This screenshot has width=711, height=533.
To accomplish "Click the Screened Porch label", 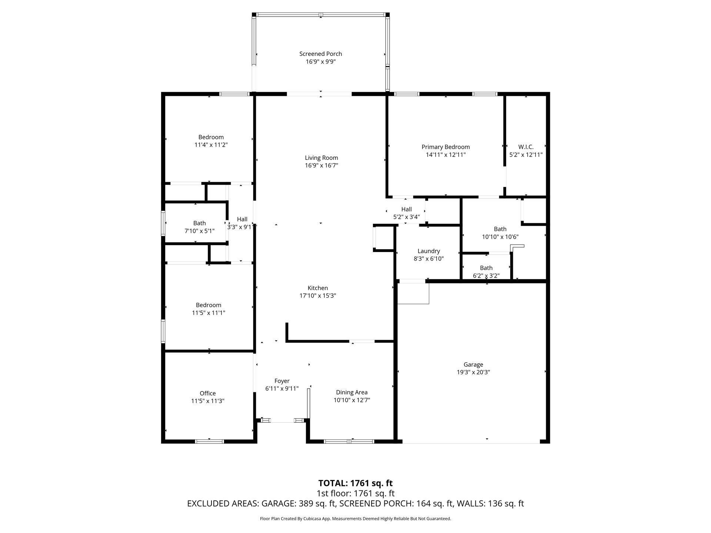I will (x=320, y=54).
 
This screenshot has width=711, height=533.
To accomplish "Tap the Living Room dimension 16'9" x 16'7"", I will (x=321, y=165).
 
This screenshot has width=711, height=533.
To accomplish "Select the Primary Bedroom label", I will (x=445, y=147).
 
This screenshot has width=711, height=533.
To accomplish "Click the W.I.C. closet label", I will (x=526, y=147).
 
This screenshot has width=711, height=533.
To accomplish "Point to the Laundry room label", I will (x=428, y=251).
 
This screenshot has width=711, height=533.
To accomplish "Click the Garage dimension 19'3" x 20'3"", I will (x=473, y=372).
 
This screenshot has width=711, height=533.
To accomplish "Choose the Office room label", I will (x=207, y=393).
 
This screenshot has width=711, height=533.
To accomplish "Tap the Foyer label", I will (x=282, y=381).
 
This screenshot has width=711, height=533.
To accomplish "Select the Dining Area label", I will (x=351, y=392).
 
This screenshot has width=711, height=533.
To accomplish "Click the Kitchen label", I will (x=317, y=288).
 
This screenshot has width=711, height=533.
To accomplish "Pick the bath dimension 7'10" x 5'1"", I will (x=199, y=231).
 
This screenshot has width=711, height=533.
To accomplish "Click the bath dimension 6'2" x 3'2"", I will (x=486, y=276).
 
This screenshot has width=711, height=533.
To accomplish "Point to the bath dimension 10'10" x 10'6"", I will (x=500, y=237).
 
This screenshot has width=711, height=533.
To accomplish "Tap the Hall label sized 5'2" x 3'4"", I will (x=406, y=209).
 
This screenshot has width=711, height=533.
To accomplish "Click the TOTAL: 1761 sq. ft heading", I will (x=355, y=483).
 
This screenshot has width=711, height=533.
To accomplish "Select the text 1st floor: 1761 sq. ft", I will (x=355, y=493).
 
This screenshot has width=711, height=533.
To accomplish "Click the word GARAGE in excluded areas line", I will (x=277, y=504).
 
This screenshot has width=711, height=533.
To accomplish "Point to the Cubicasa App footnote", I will (x=355, y=519).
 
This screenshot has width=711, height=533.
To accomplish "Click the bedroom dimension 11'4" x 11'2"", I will (x=211, y=145).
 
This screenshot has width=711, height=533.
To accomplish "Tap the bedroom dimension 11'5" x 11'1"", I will (x=208, y=313).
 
